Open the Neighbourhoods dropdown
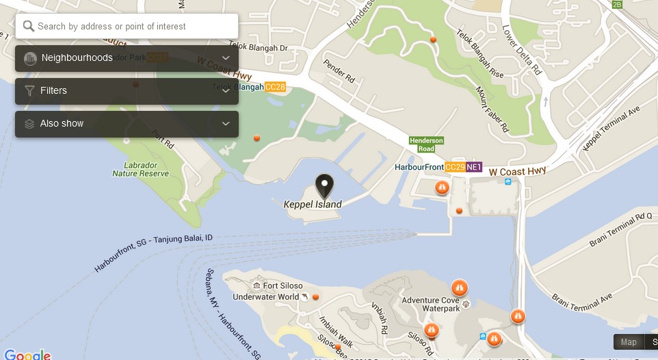tap(127, 58)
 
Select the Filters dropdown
tap(127, 91)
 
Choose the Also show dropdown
tap(127, 124)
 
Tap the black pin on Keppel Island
tap(324, 185)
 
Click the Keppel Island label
tap(313, 204)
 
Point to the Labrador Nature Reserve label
tap(141, 170)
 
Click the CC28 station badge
tap(275, 88)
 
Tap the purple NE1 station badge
tap(475, 167)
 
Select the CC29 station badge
tap(455, 167)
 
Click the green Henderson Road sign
tap(426, 144)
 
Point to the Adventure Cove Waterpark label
tap(430, 305)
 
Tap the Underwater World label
tap(266, 296)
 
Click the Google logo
tap(27, 355)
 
